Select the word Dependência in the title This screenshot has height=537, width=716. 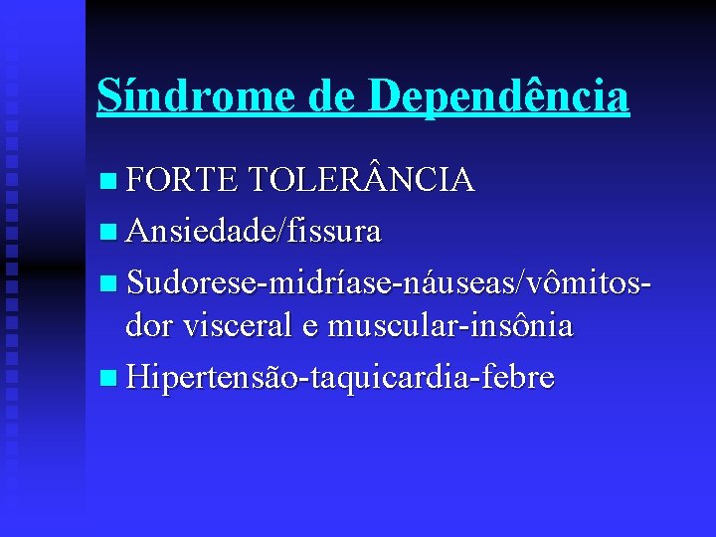498,96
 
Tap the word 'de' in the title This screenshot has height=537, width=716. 333,96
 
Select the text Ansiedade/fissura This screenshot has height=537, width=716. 254,231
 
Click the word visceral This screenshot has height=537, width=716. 249,327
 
